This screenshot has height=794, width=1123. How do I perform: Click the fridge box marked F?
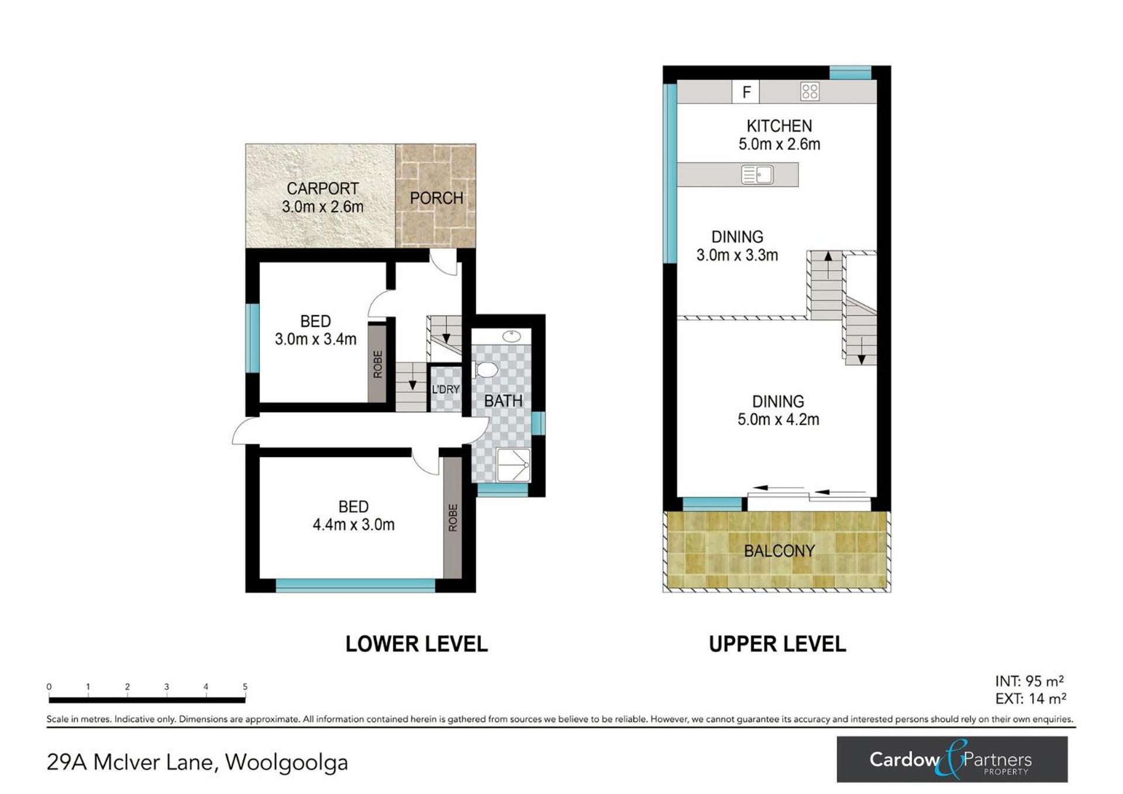pyautogui.click(x=746, y=92)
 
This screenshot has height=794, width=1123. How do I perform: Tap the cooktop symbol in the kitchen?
pyautogui.click(x=810, y=91)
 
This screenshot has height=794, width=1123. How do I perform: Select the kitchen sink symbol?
pyautogui.click(x=757, y=175)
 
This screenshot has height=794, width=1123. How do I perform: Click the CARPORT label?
pyautogui.click(x=322, y=189)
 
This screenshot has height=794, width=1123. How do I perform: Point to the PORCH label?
pyautogui.click(x=436, y=198)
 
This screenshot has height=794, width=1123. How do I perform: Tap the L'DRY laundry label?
pyautogui.click(x=446, y=389)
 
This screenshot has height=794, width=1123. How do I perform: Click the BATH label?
pyautogui.click(x=503, y=401)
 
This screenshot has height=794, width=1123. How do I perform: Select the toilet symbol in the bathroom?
pyautogui.click(x=485, y=370)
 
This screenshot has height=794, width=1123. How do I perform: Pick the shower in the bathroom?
pyautogui.click(x=513, y=465)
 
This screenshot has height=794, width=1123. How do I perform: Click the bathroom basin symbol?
pyautogui.click(x=512, y=336)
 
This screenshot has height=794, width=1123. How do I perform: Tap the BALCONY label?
pyautogui.click(x=779, y=551)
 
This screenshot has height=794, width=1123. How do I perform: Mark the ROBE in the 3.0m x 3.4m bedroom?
pyautogui.click(x=377, y=364)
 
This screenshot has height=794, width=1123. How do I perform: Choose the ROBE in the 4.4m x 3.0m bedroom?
pyautogui.click(x=453, y=517)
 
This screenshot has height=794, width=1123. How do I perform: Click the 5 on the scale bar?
pyautogui.click(x=245, y=687)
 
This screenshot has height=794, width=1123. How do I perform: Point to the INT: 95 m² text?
pyautogui.click(x=1029, y=681)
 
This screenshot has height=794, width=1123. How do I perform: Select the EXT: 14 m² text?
pyautogui.click(x=1031, y=699)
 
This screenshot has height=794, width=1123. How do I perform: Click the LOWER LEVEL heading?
pyautogui.click(x=416, y=644)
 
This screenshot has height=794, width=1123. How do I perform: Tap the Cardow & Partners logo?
pyautogui.click(x=952, y=760)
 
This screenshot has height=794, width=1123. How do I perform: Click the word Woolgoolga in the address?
pyautogui.click(x=287, y=763)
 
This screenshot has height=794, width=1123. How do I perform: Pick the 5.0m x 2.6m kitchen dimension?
pyautogui.click(x=779, y=144)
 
